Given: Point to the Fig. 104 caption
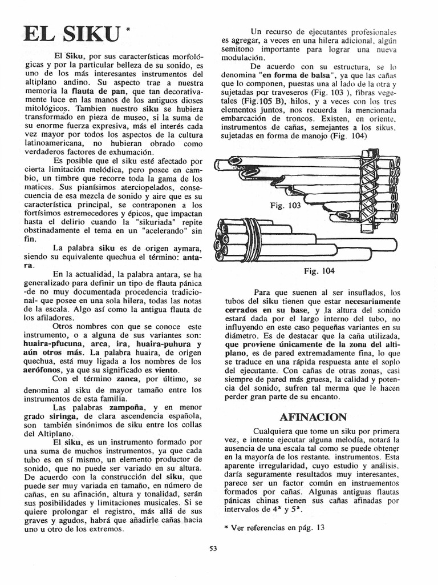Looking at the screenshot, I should point(320,271).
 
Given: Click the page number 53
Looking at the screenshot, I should point(213,549).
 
